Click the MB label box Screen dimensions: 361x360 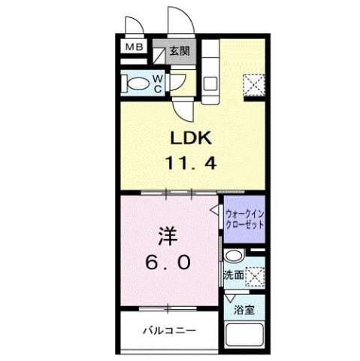pos(132,47)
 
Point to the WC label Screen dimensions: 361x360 pos(160,83)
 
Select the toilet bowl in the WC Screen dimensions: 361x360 pos(136,82)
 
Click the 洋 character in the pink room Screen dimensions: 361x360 pos(168,235)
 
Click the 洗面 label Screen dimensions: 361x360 pos(233,275)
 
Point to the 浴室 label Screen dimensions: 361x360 pos(243,308)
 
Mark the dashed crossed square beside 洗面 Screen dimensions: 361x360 pos(255,277)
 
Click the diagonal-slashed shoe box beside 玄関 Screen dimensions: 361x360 pos(159,54)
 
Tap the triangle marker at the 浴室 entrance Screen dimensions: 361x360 pos(228,298)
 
